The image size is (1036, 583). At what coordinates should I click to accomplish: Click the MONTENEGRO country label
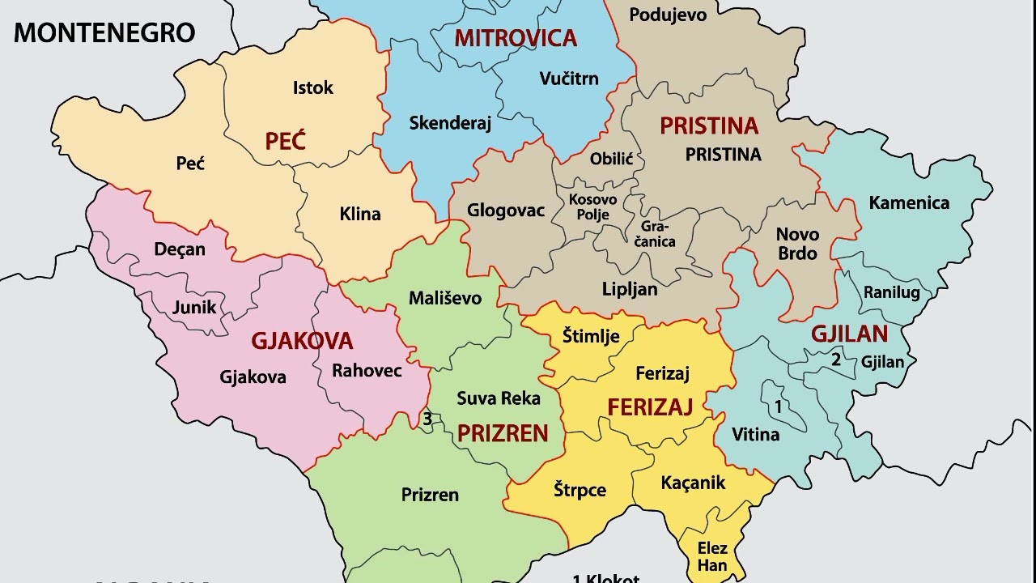[104, 32]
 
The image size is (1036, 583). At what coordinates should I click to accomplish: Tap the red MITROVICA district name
[516, 38]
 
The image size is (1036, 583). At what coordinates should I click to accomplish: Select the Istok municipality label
[312, 87]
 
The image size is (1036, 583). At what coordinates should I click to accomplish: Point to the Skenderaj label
[450, 123]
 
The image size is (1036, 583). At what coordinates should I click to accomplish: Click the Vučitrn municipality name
[569, 79]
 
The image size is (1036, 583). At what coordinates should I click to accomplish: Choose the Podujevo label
[668, 15]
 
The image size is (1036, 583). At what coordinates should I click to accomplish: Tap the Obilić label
[611, 159]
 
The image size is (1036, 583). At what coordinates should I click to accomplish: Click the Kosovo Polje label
[592, 206]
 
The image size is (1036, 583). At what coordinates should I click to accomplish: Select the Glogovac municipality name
[506, 211]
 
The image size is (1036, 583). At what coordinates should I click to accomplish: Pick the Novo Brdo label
[797, 244]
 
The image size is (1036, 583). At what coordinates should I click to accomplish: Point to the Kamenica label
[909, 202]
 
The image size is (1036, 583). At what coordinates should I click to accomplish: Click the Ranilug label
[891, 292]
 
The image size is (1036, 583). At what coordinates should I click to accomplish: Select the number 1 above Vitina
[779, 406]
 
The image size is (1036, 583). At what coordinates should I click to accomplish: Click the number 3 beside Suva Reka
[427, 419]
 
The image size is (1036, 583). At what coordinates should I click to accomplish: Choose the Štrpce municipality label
[580, 490]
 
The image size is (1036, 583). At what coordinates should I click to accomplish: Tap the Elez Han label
[712, 557]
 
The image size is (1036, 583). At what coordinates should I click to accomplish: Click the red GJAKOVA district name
[302, 341]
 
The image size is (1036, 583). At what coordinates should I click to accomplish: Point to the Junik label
[194, 307]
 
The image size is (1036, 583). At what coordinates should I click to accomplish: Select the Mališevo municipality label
[444, 298]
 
